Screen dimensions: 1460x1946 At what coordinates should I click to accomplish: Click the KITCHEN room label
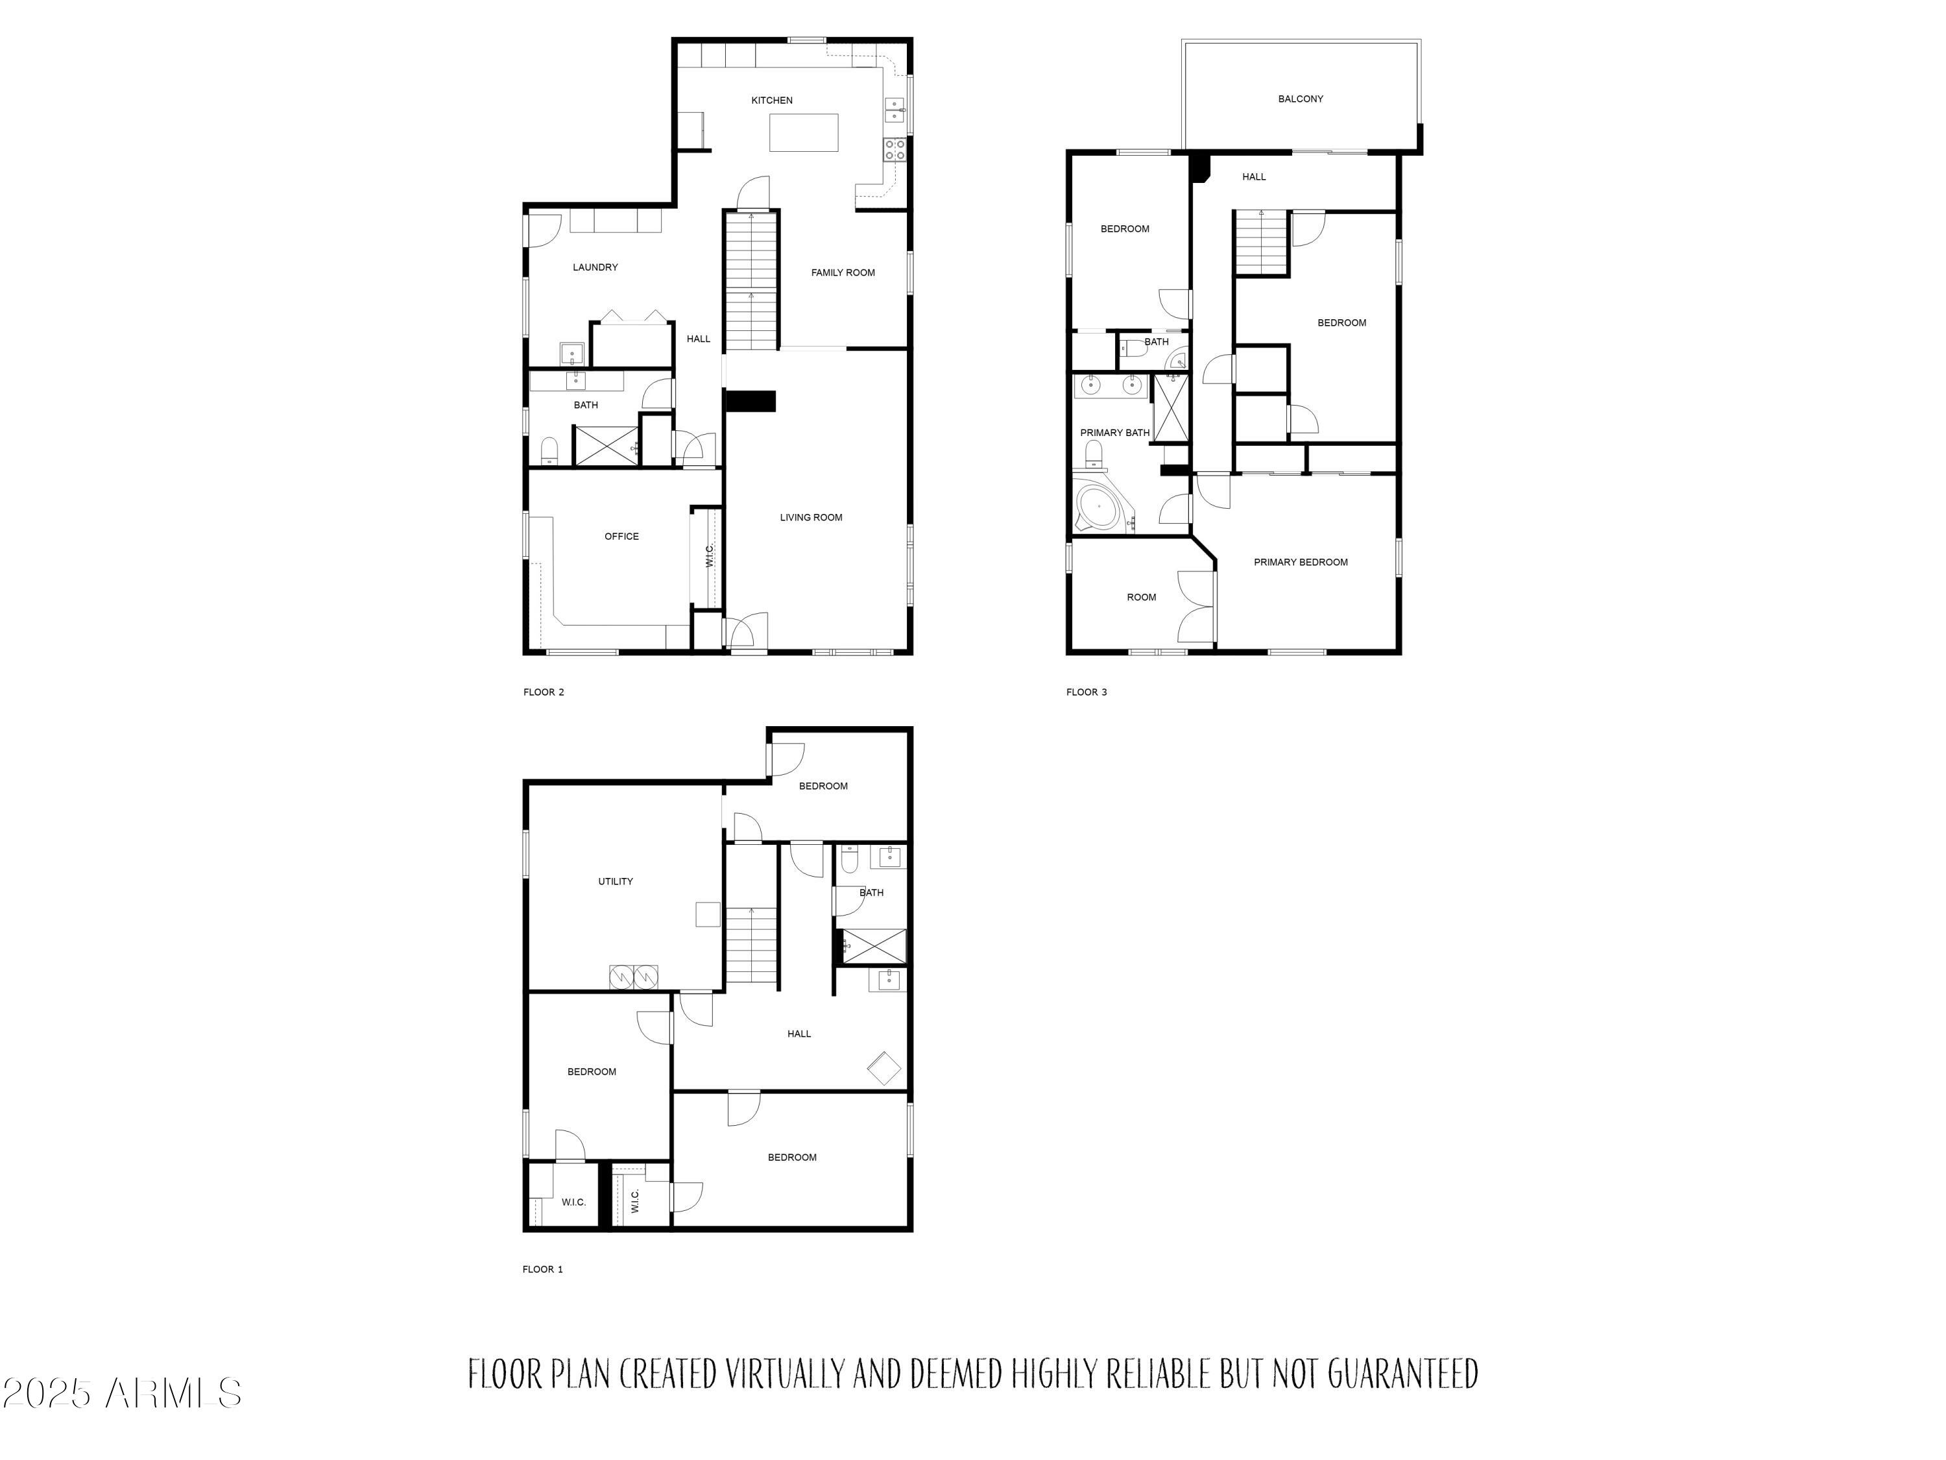click(771, 101)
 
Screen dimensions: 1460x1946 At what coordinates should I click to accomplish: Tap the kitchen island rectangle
click(803, 133)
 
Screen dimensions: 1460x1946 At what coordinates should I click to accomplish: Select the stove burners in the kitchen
click(895, 150)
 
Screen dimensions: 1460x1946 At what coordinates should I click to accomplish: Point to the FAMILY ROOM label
click(843, 273)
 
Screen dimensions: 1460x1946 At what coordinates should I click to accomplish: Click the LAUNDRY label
click(595, 267)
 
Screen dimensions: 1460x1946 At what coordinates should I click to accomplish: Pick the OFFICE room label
click(621, 537)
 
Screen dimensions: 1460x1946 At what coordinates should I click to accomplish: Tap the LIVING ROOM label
click(810, 517)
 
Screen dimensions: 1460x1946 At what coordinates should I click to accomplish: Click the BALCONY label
click(1301, 99)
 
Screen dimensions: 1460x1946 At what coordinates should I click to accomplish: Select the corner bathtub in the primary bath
click(1099, 507)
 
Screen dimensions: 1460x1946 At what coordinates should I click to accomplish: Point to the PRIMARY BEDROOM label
click(1301, 563)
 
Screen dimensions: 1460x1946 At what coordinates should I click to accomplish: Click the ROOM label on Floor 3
click(1141, 598)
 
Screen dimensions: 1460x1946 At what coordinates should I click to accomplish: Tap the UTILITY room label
click(615, 882)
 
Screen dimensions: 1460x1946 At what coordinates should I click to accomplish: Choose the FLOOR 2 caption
click(544, 692)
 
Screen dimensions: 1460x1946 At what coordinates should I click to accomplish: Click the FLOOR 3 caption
click(1087, 692)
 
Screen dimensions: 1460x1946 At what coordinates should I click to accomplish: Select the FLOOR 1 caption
click(543, 1270)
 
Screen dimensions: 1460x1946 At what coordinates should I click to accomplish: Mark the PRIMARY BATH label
click(1114, 433)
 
